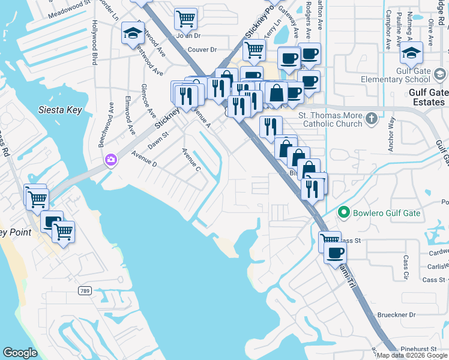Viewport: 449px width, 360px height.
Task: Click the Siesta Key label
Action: click(x=60, y=110)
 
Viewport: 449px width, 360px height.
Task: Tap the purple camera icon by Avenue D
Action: click(x=110, y=160)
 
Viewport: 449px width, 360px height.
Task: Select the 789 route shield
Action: click(x=85, y=290)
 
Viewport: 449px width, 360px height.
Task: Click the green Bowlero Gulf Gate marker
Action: click(x=344, y=212)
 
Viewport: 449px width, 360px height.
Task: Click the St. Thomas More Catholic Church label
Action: click(x=331, y=119)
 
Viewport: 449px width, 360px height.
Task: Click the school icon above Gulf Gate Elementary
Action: click(x=411, y=53)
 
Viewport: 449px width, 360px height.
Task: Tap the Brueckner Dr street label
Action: click(x=396, y=314)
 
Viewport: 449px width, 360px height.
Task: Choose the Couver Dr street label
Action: click(x=202, y=50)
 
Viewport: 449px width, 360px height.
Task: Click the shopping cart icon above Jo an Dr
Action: click(x=186, y=18)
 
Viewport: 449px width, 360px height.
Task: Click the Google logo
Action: click(x=20, y=353)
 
